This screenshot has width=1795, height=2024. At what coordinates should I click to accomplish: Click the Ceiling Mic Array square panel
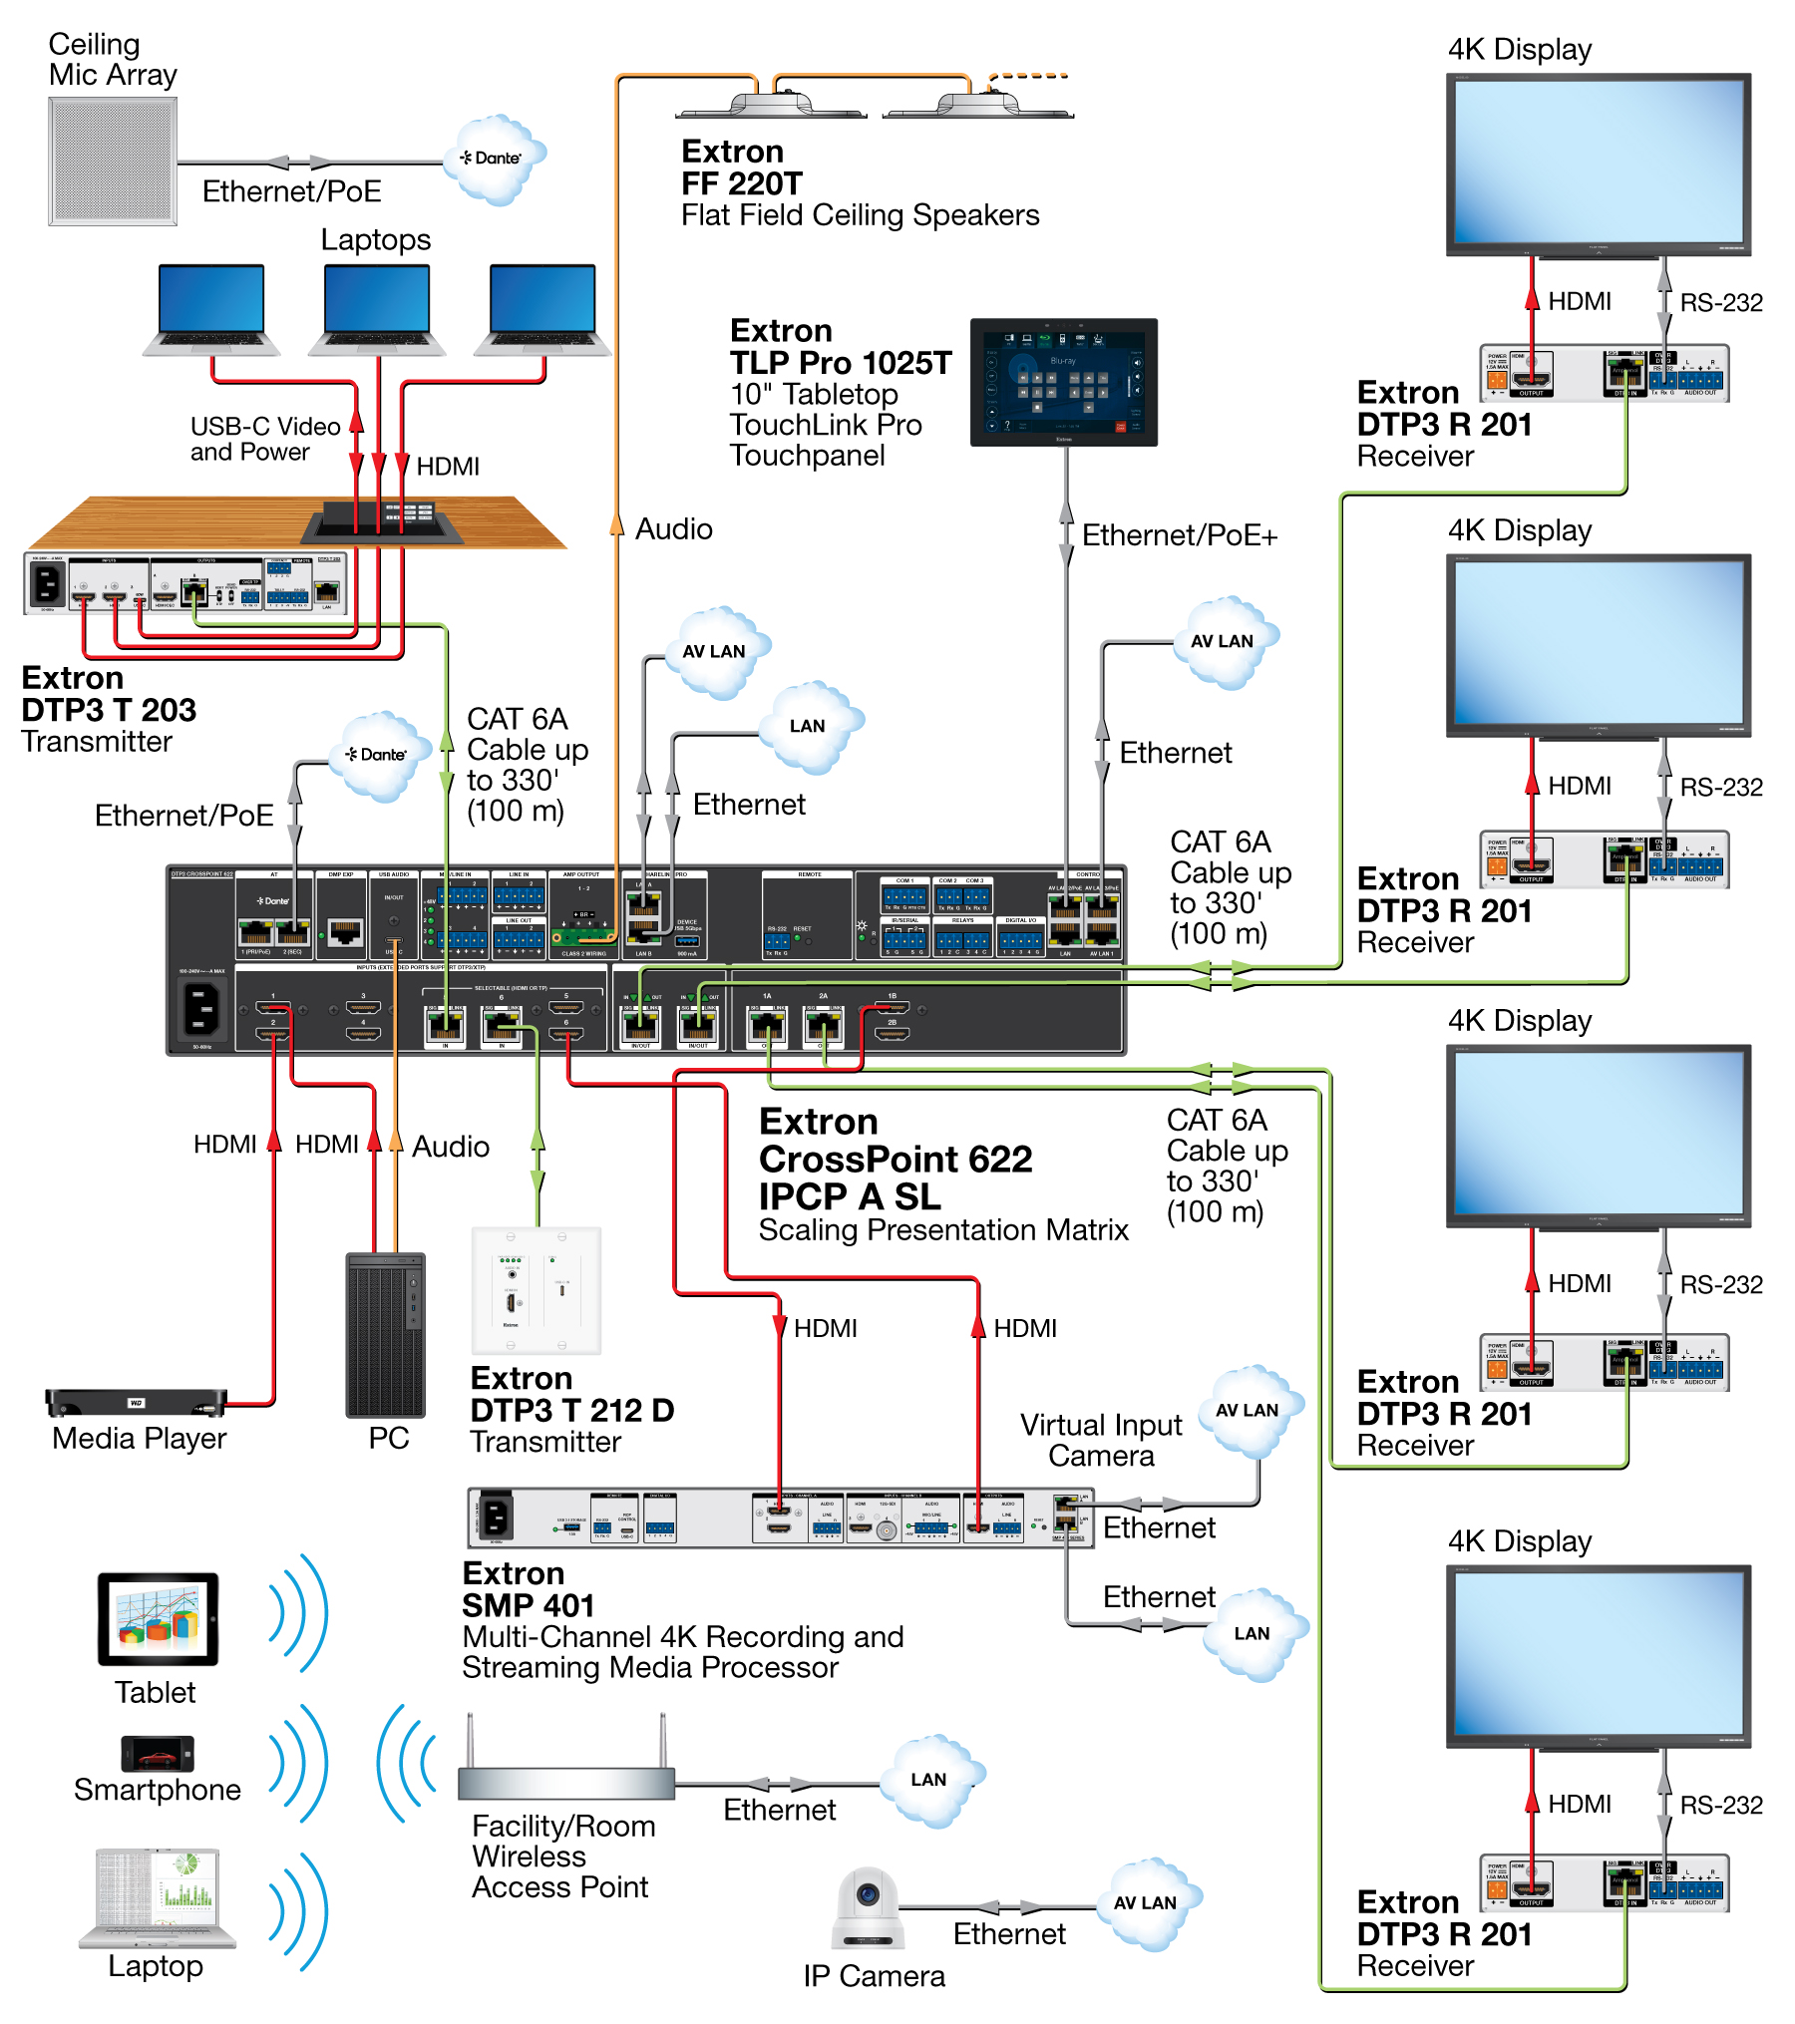(x=113, y=161)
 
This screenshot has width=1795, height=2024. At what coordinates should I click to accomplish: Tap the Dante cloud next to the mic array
(x=496, y=159)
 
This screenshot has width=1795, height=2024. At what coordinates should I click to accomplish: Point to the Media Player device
(x=137, y=1402)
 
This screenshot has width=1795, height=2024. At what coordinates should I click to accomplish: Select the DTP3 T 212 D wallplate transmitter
(x=537, y=1290)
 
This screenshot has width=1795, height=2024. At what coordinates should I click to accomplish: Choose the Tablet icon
(x=158, y=1618)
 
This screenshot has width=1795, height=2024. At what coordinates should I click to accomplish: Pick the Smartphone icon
(x=158, y=1753)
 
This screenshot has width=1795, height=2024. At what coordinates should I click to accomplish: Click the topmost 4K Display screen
(x=1599, y=163)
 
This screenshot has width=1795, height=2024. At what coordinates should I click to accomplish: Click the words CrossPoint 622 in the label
(x=895, y=1160)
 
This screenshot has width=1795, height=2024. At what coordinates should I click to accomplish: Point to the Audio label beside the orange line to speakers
(x=674, y=528)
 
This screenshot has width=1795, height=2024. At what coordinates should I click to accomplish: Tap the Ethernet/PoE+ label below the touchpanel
(x=1179, y=535)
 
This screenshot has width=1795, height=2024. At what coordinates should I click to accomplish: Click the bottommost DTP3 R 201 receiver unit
(x=1604, y=1882)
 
